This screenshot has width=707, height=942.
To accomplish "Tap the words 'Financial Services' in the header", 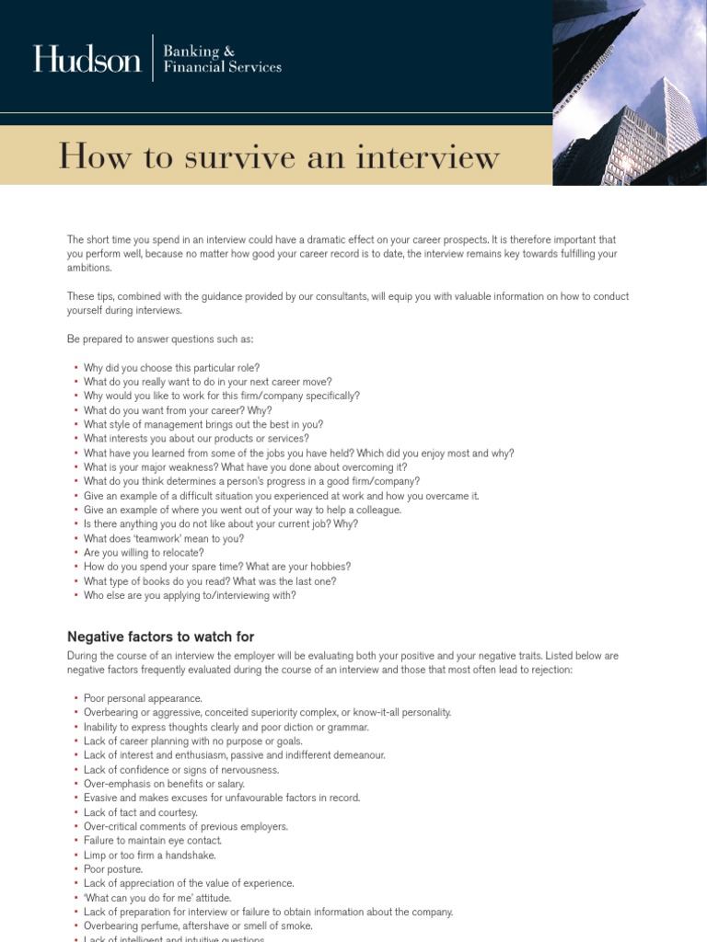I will [223, 67].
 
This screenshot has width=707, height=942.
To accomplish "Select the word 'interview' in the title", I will [433, 156].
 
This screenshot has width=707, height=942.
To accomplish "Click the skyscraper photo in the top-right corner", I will [630, 92].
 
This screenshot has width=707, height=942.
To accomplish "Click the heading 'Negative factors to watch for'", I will [160, 637].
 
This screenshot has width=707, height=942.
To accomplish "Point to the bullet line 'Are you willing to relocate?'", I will [144, 553].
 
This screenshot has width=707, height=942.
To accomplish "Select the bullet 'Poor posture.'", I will [113, 869].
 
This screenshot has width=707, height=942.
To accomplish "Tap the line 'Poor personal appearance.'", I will [143, 698].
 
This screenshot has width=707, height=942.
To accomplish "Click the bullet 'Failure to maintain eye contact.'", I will [153, 841].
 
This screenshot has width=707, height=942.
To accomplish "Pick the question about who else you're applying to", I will [190, 595].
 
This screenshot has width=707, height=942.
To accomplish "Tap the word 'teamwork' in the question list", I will [158, 538].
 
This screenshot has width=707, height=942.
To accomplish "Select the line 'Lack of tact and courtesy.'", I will [141, 812].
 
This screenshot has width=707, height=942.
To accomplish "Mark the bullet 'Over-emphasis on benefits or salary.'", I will [164, 784].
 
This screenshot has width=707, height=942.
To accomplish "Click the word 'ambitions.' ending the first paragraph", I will [89, 268].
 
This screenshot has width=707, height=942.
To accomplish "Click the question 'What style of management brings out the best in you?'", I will [203, 425].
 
